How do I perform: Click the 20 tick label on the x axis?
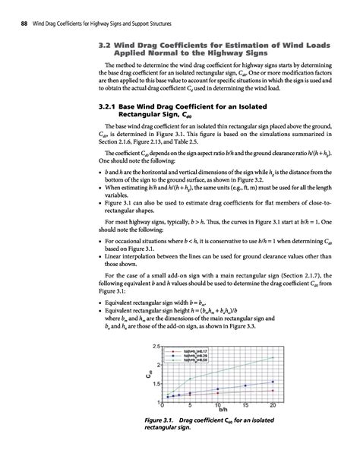(273, 407)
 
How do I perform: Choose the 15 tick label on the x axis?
(245, 407)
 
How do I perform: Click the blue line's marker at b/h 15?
(245, 386)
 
